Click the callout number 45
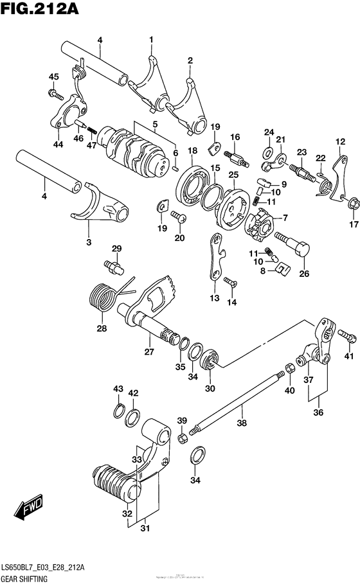53,77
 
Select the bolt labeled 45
52,93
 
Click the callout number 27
149,351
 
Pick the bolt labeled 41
347,334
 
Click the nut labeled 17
353,205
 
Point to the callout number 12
340,142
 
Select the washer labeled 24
267,152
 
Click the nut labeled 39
183,438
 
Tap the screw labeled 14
231,281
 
